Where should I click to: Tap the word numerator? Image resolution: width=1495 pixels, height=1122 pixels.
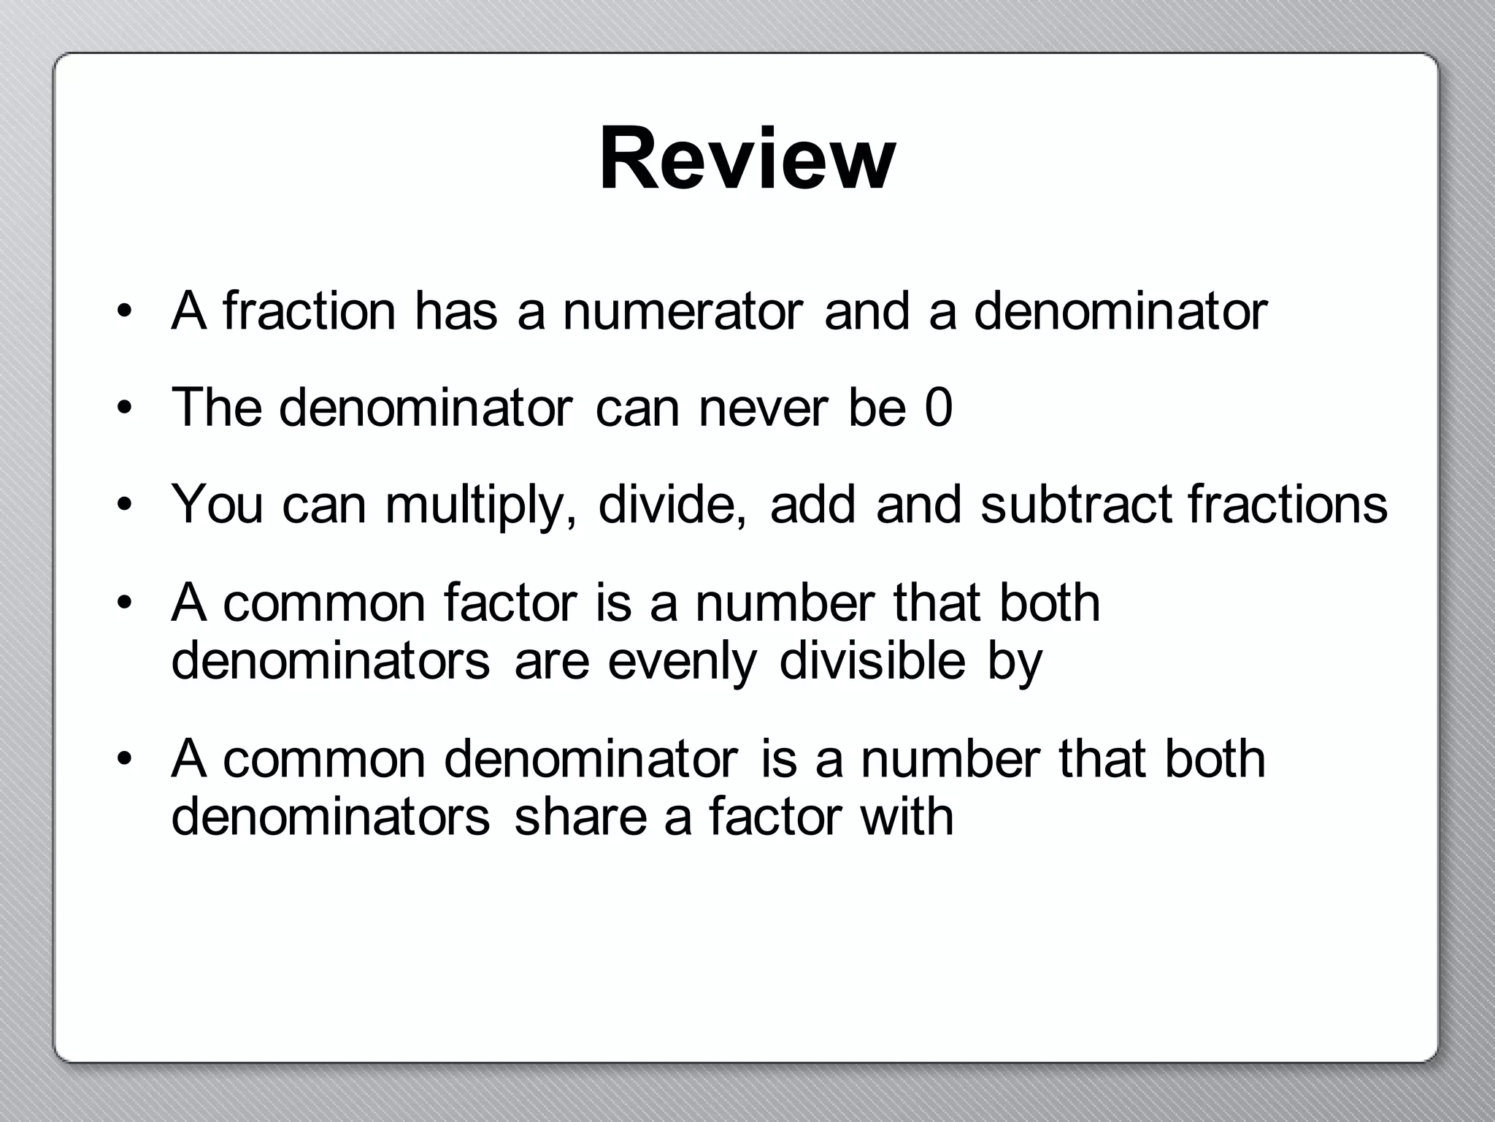pyautogui.click(x=683, y=311)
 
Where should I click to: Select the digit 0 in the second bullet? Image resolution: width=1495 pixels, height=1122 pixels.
pyautogui.click(x=938, y=408)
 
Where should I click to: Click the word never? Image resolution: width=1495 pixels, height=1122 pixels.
pyautogui.click(x=764, y=408)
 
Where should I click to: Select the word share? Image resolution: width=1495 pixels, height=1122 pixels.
pyautogui.click(x=580, y=816)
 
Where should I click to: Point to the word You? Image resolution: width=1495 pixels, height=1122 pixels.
pyautogui.click(x=217, y=504)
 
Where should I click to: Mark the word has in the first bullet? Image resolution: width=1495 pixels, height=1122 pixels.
pyautogui.click(x=456, y=311)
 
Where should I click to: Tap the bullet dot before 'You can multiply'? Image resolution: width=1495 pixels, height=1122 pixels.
pyautogui.click(x=125, y=505)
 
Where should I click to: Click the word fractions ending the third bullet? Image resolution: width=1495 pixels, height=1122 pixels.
pyautogui.click(x=1287, y=504)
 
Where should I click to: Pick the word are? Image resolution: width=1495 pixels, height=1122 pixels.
pyautogui.click(x=551, y=662)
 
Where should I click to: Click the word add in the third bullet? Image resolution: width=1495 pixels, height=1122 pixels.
pyautogui.click(x=812, y=504)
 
